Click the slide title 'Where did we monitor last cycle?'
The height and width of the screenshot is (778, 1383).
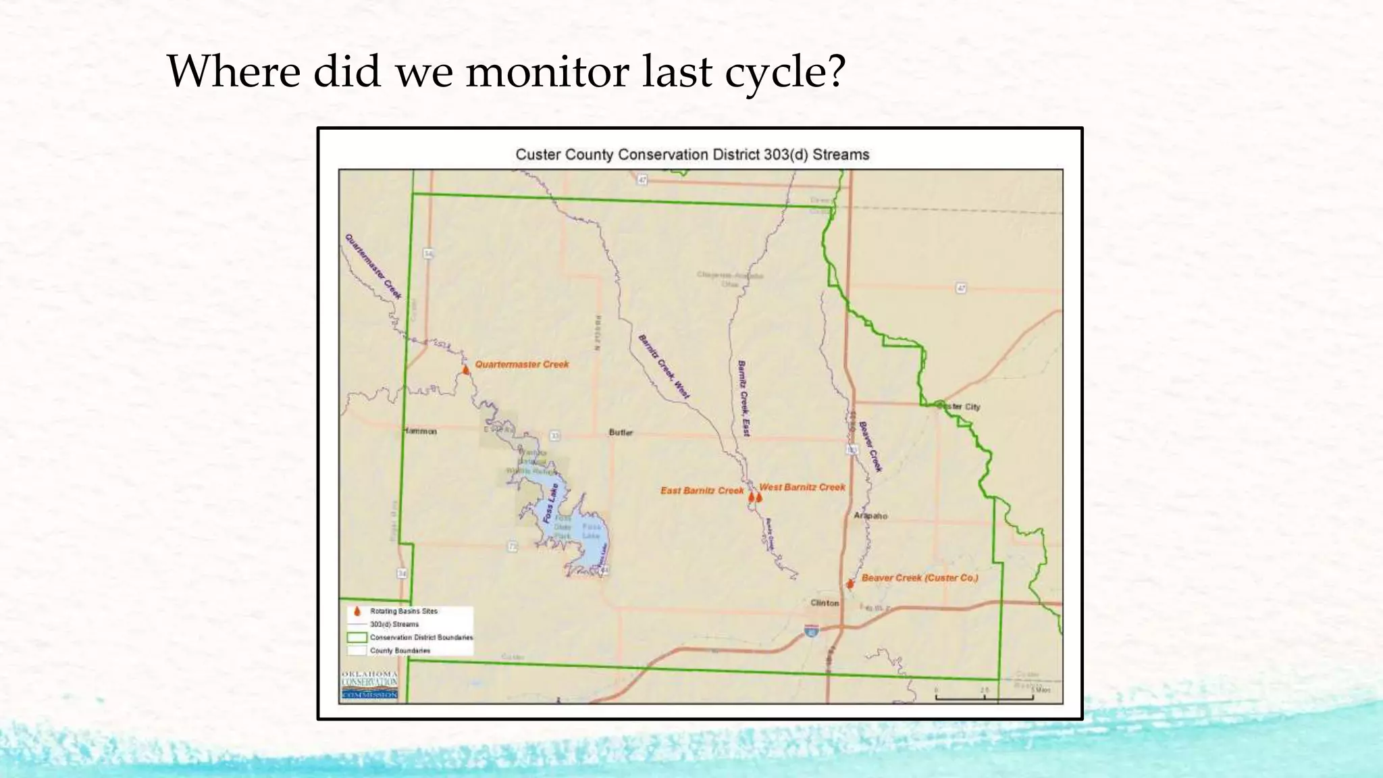(506, 71)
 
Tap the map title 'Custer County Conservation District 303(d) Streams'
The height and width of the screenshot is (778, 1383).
(692, 155)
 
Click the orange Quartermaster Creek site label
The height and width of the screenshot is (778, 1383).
(521, 365)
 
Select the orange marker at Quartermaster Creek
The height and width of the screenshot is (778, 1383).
(465, 370)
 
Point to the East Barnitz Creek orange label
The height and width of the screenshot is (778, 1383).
(702, 490)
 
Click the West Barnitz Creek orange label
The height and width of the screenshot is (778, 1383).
(802, 487)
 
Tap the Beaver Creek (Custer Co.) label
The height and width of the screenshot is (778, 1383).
(919, 578)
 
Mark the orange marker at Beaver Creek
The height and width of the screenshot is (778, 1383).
(850, 583)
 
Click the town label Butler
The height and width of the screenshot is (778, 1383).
(621, 432)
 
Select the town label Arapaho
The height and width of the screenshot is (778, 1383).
(870, 516)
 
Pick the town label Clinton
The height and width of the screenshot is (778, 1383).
(825, 603)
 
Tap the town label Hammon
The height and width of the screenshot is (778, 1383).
(421, 431)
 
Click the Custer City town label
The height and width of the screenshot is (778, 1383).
(960, 407)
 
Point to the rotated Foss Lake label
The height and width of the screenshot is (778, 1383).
(550, 503)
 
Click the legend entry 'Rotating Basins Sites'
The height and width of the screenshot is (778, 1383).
(403, 611)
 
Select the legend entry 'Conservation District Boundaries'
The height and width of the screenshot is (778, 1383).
(421, 638)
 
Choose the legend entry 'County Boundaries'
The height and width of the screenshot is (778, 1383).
(400, 650)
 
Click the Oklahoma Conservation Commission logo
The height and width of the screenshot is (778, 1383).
(369, 685)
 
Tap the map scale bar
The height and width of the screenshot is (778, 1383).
(984, 695)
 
